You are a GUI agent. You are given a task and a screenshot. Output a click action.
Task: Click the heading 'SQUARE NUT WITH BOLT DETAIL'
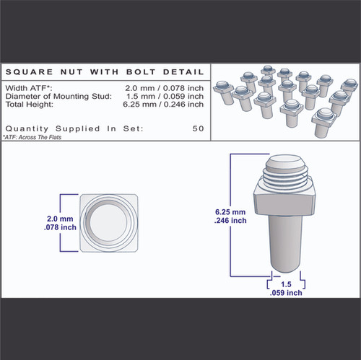pyautogui.click(x=104, y=72)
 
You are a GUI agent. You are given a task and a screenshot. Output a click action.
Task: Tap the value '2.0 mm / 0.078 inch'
pyautogui.click(x=164, y=87)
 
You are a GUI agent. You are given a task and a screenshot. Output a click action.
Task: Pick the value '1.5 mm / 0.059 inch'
pyautogui.click(x=164, y=95)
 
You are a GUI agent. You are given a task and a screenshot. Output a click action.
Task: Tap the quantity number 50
pyautogui.click(x=198, y=128)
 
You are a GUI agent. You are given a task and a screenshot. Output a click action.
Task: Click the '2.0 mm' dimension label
pyautogui.click(x=61, y=218)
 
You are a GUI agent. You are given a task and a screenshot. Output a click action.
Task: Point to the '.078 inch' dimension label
pyautogui.click(x=61, y=227)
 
